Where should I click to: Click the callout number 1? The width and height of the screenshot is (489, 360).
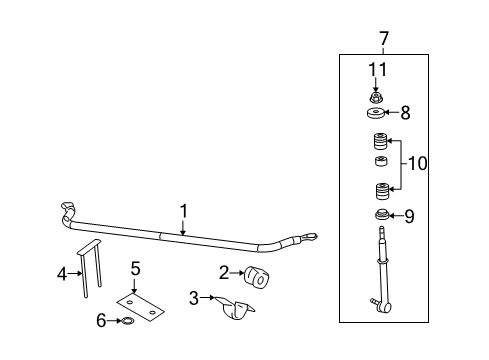tap(184, 210)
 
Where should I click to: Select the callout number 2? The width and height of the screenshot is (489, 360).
tap(225, 271)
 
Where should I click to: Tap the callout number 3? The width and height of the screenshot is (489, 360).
tap(195, 297)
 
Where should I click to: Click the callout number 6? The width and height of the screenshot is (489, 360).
tap(100, 320)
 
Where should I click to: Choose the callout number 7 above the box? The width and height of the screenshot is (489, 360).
tap(383, 38)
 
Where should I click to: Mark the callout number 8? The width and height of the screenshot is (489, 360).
tap(405, 113)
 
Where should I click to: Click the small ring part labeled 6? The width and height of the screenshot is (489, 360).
tap(128, 321)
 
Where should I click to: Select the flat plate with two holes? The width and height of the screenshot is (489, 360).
tap(140, 303)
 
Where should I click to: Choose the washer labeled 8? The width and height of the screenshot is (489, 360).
tap(378, 113)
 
